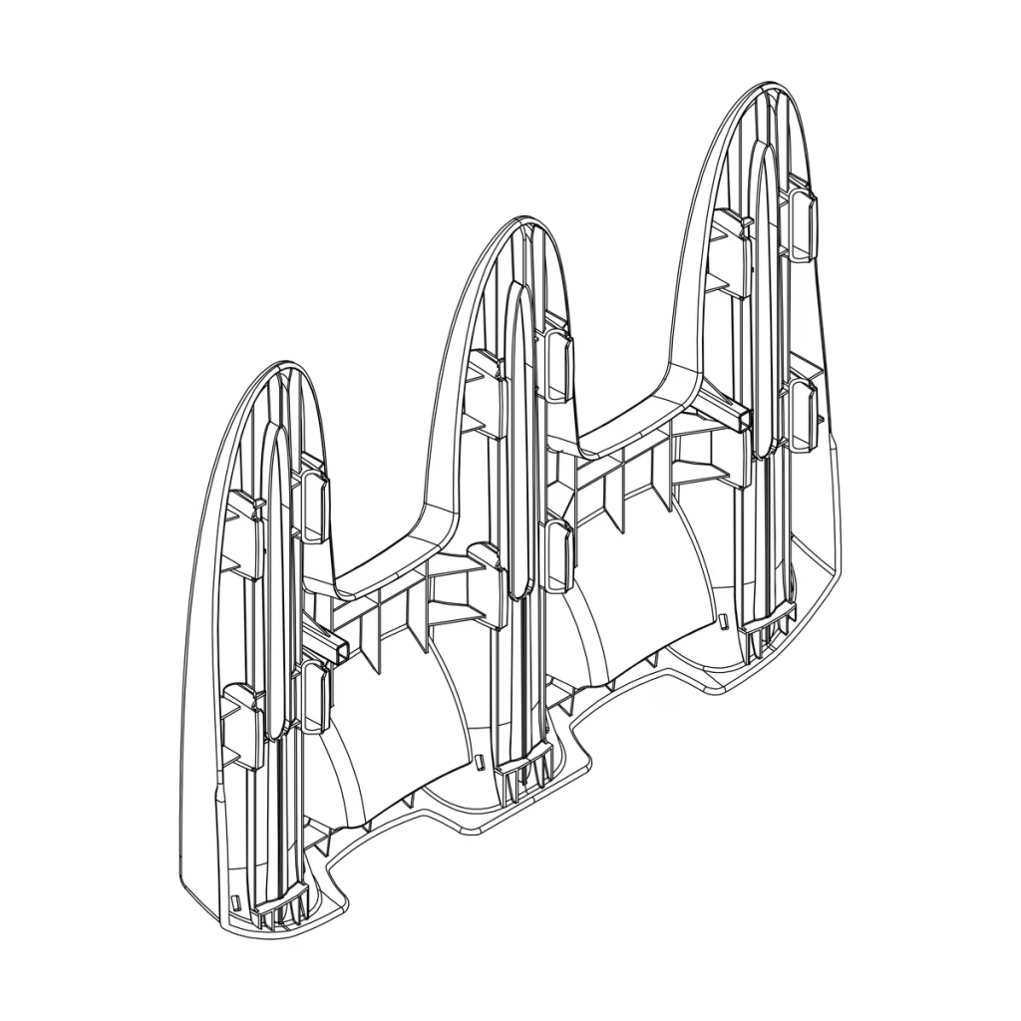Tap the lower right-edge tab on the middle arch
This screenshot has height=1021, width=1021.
click(x=559, y=553)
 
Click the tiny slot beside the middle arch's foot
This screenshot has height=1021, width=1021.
click(x=480, y=762)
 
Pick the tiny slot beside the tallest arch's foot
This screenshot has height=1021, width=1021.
click(x=724, y=620)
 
